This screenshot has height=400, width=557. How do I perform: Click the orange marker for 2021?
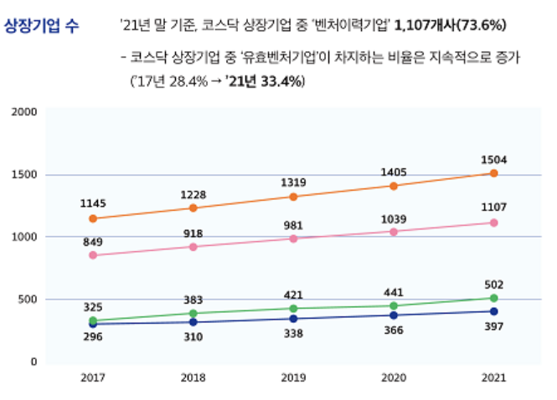(x=493, y=173)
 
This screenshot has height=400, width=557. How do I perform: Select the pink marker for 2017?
(x=93, y=255)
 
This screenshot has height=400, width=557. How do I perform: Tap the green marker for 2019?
(x=293, y=309)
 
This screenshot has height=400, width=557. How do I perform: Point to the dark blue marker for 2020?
(x=394, y=315)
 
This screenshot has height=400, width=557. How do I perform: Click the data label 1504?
(x=493, y=159)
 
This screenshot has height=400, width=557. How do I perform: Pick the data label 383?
(x=193, y=300)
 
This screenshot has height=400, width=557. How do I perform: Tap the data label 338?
(x=293, y=331)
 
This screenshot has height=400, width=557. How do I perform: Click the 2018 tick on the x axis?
(x=193, y=377)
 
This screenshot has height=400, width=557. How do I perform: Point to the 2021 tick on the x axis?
(x=493, y=377)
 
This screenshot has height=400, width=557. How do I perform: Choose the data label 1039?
(x=394, y=219)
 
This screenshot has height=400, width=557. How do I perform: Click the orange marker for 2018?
(x=193, y=208)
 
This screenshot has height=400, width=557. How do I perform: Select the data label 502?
(x=493, y=285)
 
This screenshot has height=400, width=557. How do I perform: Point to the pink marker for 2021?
(x=493, y=223)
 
